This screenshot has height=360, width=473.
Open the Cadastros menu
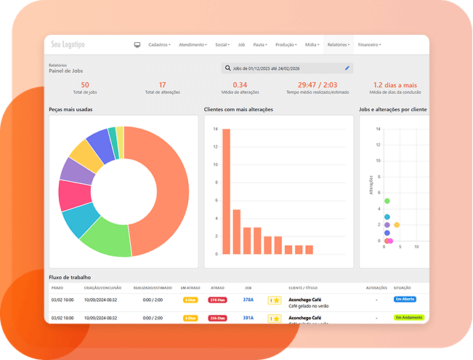tap(158, 45)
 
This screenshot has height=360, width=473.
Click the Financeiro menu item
tap(369, 45)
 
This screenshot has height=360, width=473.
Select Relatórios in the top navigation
tap(338, 45)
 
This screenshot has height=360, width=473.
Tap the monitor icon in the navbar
tap(137, 45)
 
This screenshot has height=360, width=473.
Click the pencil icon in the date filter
tap(347, 68)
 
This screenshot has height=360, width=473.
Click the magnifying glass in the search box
tap(227, 68)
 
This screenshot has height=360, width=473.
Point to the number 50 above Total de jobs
tap(85, 85)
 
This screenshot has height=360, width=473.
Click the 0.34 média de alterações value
tap(240, 85)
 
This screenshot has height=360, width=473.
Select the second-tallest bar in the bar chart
tap(237, 231)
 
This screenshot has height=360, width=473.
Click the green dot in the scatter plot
tap(387, 201)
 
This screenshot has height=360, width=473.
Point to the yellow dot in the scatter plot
tap(397, 225)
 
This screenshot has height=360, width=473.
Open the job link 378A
tap(248, 300)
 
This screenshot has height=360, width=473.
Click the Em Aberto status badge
tap(405, 299)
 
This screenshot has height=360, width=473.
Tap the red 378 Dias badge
tap(217, 300)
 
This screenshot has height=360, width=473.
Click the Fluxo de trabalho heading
tap(70, 277)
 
